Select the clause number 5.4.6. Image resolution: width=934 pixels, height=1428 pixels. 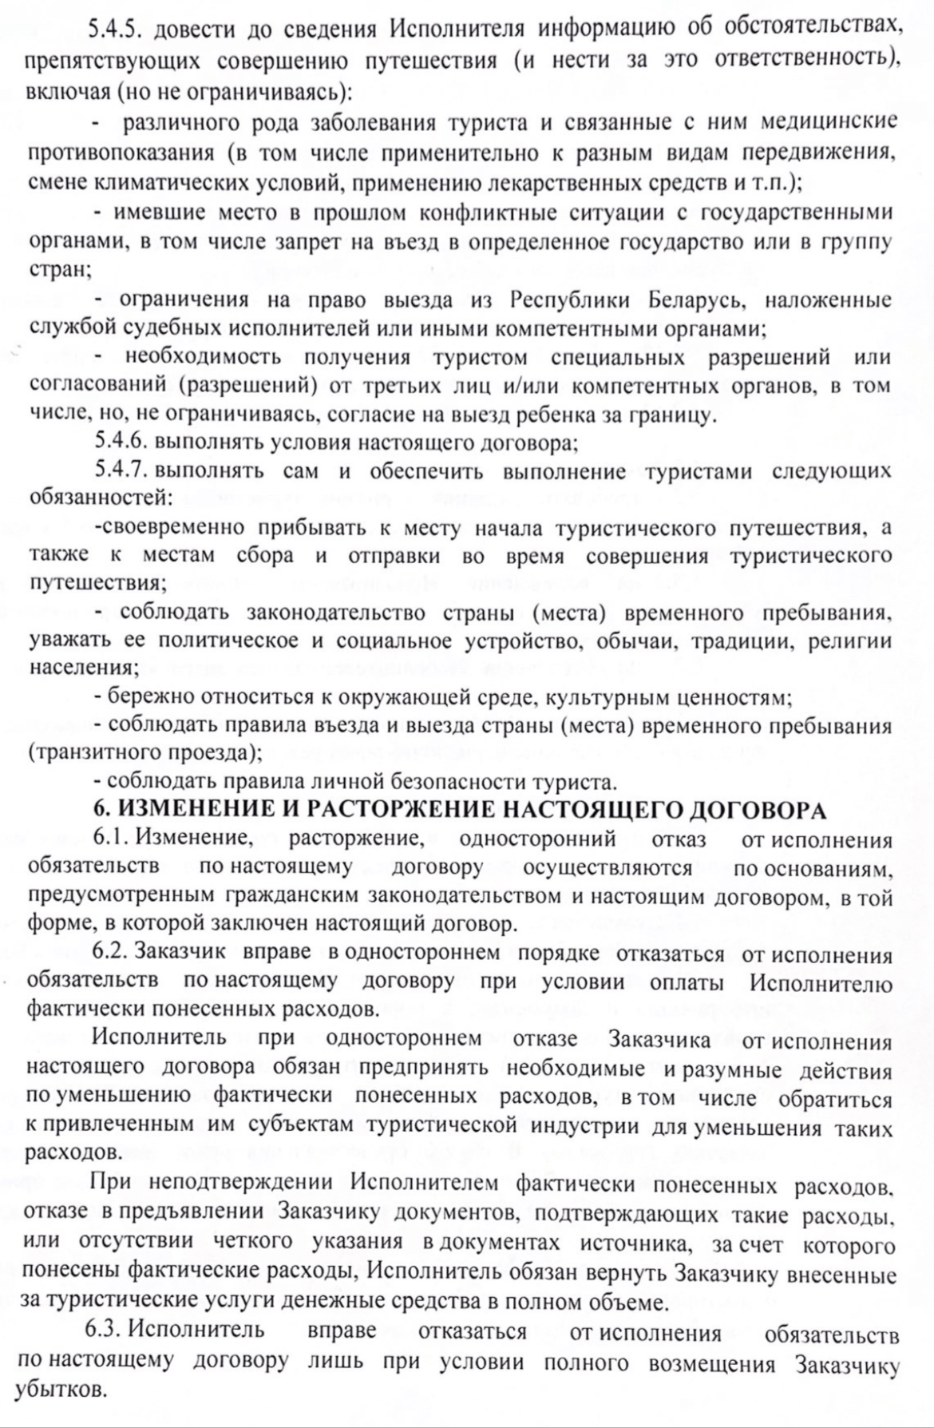click(121, 442)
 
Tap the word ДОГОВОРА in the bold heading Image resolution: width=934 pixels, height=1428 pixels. click(756, 810)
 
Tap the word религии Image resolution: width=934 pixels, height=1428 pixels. click(850, 641)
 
